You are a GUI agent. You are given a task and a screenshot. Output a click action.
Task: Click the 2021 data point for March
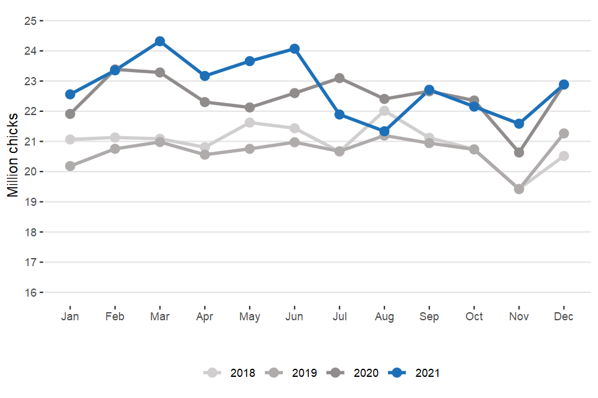[159, 41]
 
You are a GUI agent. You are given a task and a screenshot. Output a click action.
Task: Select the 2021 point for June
[295, 49]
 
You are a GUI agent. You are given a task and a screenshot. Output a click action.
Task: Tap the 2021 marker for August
[384, 131]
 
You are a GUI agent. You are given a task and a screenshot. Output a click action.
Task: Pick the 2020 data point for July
[339, 78]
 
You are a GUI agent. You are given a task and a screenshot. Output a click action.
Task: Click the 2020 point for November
[519, 152]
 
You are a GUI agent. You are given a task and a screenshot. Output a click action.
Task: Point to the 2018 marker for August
[384, 111]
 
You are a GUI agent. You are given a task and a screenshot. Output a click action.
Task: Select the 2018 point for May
[250, 123]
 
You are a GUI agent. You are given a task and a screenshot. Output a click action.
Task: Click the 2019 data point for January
[70, 166]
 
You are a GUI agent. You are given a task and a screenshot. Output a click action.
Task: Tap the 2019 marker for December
[564, 133]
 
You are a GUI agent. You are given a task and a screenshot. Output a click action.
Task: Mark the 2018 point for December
[564, 155]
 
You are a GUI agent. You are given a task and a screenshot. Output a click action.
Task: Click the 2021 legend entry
[417, 373]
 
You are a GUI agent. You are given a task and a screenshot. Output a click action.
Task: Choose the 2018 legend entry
[232, 373]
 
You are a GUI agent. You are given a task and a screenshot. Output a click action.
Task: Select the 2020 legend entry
[356, 373]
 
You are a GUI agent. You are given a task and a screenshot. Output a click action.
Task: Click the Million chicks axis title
[12, 155]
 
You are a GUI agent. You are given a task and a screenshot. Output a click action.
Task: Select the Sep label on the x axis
[429, 317]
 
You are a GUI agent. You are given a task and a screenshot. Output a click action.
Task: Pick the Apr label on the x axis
[205, 317]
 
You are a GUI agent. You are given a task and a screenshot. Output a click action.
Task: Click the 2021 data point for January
[70, 95]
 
